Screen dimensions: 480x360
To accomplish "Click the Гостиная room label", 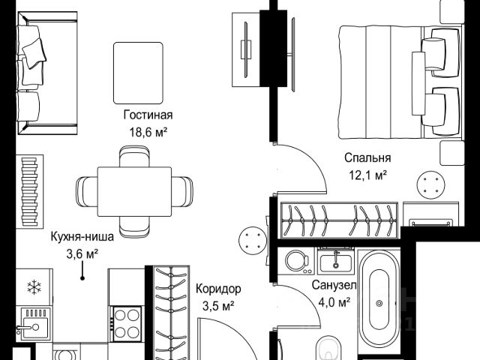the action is point(148,115).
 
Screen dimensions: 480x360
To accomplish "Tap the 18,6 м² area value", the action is point(148,133).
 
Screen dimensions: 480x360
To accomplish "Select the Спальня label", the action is point(367,158).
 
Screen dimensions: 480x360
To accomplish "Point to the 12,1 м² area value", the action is point(368,175).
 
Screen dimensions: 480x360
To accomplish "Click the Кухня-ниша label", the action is point(82,237).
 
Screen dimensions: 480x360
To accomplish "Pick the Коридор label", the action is point(218,289).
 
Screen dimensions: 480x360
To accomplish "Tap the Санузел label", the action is point(334,285).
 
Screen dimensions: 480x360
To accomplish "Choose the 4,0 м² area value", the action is point(334,303).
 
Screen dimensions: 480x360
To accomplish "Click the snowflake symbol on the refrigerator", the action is point(34,287).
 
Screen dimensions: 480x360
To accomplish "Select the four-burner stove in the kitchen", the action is point(127,324).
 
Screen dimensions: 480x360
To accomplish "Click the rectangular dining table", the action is point(134,192).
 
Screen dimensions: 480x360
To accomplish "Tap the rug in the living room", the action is point(138,73).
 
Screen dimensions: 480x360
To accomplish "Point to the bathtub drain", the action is point(379,303).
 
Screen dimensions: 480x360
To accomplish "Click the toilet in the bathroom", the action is point(329,349).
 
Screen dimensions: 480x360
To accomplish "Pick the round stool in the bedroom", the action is point(430,185).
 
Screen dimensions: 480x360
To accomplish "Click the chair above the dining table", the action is point(134,157).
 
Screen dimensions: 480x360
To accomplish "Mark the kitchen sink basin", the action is point(35,328).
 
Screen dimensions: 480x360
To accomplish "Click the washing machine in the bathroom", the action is point(297,261).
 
